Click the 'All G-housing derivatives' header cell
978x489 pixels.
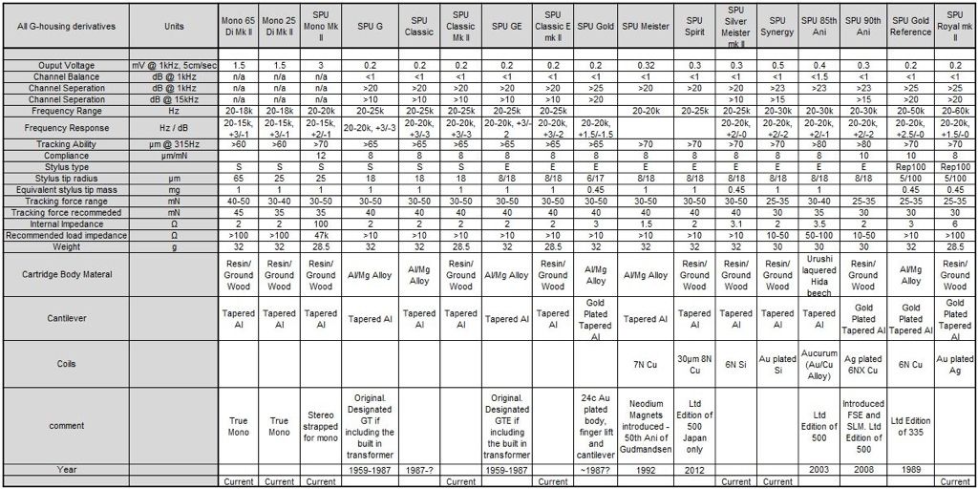pos(67,26)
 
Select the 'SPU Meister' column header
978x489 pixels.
pos(645,26)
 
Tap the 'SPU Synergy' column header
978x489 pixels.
pos(778,26)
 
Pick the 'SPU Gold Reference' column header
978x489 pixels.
pos(911,26)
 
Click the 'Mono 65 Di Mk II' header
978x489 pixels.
pos(236,26)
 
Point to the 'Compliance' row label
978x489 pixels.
pos(67,155)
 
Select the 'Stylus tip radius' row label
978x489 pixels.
pos(67,177)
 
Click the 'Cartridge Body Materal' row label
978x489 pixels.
pos(67,274)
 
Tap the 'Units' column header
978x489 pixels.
pos(174,26)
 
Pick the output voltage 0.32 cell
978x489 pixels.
pos(645,65)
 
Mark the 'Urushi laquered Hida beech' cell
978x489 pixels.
pos(820,274)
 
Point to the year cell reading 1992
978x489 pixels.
pos(645,470)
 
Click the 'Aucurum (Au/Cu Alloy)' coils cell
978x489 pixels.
pos(820,364)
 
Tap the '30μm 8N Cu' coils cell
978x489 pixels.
pos(694,364)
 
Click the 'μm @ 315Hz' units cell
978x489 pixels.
pos(174,144)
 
